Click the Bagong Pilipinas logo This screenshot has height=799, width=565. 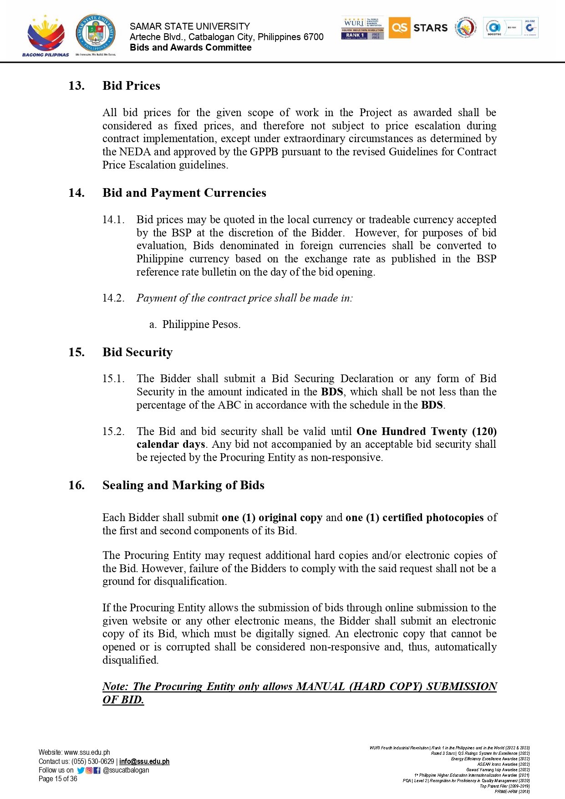coord(45,36)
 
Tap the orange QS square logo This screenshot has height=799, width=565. coord(399,28)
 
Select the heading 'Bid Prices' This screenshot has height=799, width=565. coord(131,86)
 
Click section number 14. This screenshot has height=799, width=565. coord(76,193)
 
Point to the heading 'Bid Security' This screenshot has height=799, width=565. coord(137,353)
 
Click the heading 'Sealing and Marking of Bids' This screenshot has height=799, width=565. coord(183,486)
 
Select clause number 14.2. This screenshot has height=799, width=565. coord(113,298)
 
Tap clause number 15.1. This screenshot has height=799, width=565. coord(113,379)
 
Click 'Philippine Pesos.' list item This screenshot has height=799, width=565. coord(201,325)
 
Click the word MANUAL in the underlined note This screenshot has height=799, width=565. coord(321,687)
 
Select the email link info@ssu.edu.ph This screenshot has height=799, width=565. coord(144,762)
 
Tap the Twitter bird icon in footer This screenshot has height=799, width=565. coord(81,770)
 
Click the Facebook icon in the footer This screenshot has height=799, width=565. coord(97,770)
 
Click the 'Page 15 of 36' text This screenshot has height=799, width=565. coord(58,779)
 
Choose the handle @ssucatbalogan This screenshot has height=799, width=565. coord(126,770)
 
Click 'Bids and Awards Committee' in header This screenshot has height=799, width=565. coord(190,48)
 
